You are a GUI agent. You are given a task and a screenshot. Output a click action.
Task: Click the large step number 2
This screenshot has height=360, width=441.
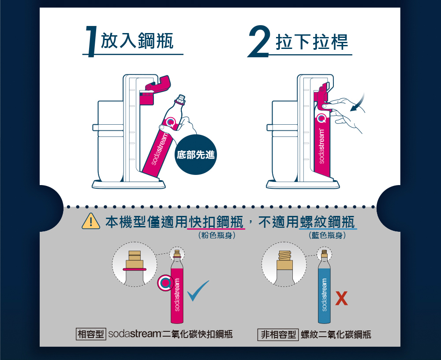click(259, 42)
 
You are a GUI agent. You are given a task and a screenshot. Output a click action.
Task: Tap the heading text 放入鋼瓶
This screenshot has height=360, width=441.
click(137, 41)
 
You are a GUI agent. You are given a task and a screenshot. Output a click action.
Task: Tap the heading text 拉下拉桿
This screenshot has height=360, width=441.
click(312, 41)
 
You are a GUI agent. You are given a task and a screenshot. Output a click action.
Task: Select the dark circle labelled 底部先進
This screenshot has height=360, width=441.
click(195, 155)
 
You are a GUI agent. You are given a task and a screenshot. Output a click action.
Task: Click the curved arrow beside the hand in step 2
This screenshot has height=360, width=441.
click(358, 103)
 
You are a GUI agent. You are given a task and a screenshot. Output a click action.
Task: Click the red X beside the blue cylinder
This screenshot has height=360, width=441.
click(341, 299)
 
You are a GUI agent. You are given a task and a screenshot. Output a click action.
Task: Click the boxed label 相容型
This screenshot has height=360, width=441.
click(90, 334)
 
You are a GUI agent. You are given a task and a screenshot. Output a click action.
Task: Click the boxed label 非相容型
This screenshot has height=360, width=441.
click(278, 334)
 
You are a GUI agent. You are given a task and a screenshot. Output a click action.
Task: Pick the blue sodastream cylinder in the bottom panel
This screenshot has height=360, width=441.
click(324, 291)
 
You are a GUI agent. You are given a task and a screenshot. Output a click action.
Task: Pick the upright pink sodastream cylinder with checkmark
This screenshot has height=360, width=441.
click(177, 291)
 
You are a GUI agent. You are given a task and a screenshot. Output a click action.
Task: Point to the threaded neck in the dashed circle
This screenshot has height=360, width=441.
click(284, 255)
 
